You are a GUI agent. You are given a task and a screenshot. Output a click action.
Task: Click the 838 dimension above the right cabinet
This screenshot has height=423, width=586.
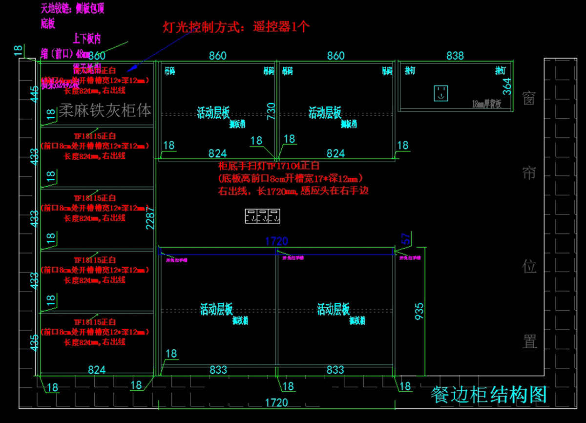(455, 56)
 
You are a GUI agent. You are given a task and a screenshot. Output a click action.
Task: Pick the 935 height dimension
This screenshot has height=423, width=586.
(419, 310)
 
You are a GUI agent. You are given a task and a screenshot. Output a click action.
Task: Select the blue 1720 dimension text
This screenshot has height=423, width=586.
(276, 241)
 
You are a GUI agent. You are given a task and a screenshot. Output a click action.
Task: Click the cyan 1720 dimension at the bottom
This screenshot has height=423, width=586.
(276, 403)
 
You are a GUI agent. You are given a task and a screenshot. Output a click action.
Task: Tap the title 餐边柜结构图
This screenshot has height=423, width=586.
(488, 395)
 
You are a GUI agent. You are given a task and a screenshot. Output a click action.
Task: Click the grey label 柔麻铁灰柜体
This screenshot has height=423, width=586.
(105, 111)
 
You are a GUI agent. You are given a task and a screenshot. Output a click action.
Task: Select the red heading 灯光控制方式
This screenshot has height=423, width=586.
(236, 26)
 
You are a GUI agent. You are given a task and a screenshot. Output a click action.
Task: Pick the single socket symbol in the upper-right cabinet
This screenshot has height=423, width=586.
(441, 93)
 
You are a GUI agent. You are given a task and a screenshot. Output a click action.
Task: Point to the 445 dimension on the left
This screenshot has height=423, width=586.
(34, 93)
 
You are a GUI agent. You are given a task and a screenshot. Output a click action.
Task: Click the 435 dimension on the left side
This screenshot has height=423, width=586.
(34, 342)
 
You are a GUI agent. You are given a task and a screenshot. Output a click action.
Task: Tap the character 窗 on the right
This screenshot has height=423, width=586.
(529, 99)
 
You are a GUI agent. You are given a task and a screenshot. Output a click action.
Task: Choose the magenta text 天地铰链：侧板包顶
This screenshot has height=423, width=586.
(72, 8)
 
